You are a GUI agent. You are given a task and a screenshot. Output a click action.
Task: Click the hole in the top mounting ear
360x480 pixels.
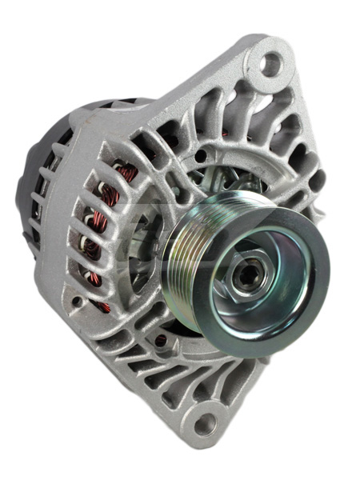tap(273, 63)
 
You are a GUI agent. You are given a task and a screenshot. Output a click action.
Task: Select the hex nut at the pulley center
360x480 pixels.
tap(244, 275)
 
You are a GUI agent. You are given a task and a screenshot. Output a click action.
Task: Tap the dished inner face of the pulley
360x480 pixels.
tap(272, 296)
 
